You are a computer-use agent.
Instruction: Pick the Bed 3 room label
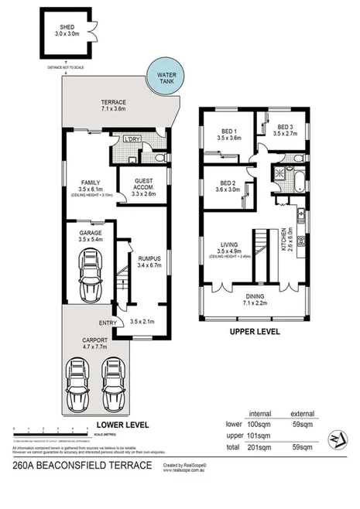[285, 131]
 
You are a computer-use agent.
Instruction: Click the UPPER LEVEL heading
[252, 332]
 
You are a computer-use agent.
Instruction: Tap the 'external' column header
[302, 414]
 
